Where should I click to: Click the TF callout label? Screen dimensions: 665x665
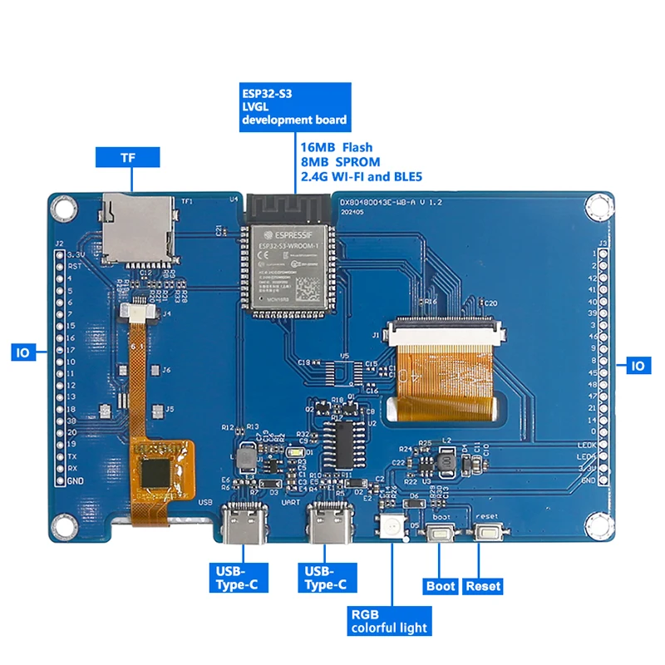click(x=127, y=157)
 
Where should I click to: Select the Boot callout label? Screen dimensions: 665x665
click(x=441, y=586)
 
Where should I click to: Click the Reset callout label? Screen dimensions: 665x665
click(x=483, y=586)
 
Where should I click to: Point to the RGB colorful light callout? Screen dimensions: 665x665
click(x=389, y=619)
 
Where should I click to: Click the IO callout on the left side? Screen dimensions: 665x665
click(x=22, y=352)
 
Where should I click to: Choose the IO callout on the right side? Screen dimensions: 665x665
click(x=638, y=365)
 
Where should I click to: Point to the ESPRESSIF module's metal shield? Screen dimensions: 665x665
click(x=287, y=266)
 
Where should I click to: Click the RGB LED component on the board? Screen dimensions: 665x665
click(x=388, y=526)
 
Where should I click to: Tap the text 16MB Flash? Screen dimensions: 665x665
click(x=337, y=147)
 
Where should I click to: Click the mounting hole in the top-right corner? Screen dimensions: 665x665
click(x=596, y=204)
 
